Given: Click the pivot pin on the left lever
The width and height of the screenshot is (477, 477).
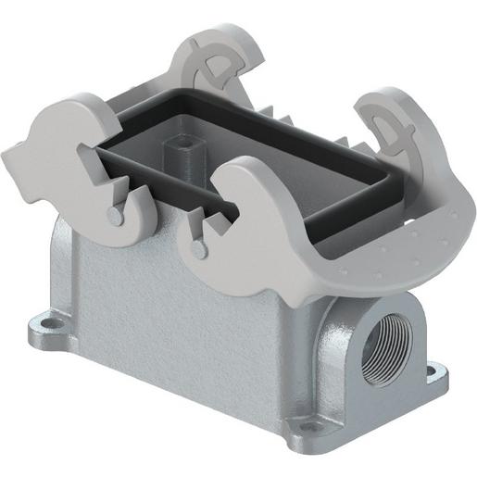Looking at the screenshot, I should tap(113, 214).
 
